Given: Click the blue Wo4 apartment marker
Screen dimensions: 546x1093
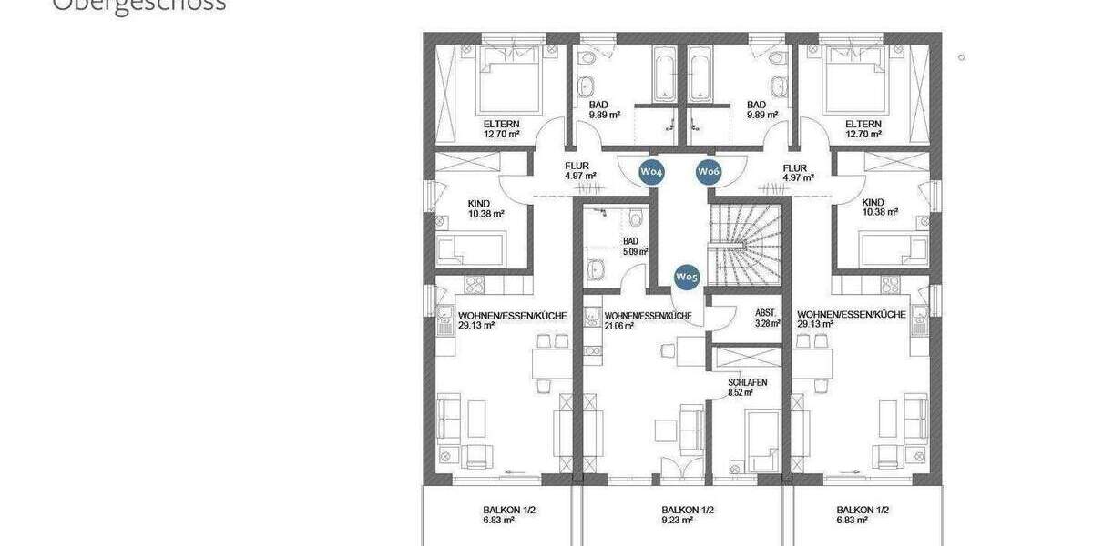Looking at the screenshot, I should click(x=650, y=171).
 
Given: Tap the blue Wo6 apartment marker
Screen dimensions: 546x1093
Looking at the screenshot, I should click(x=709, y=171).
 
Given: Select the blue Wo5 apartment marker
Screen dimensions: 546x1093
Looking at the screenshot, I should click(x=686, y=277).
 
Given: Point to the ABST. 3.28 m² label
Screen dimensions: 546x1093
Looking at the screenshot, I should click(x=768, y=318).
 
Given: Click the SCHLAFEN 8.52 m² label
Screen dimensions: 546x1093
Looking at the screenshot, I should click(x=746, y=388).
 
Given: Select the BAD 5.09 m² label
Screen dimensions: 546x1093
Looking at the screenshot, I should click(x=634, y=247).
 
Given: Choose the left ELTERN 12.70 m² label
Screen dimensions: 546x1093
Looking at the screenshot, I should click(x=501, y=128).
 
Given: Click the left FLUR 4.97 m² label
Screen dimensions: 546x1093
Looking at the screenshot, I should click(x=579, y=171).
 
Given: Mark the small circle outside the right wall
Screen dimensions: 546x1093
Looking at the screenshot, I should click(x=961, y=57).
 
